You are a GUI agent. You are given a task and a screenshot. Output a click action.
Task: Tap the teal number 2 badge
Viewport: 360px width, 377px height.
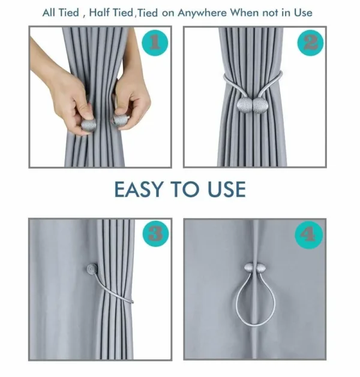pos(310,43)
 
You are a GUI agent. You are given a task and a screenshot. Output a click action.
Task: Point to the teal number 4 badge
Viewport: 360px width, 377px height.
pos(310,234)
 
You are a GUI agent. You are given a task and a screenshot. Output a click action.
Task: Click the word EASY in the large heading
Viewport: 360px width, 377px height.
pos(140,189)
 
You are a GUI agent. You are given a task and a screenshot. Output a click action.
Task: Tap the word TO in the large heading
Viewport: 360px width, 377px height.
pos(184,189)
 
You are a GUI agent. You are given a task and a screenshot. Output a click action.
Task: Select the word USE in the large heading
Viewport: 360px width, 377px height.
pos(224,189)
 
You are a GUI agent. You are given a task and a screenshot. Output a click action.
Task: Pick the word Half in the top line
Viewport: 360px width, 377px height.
pos(101,13)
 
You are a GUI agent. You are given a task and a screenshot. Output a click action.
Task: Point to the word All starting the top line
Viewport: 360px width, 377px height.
pos(51,13)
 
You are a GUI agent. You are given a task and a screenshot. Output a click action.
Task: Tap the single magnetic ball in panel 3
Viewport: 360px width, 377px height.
pos(92,270)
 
